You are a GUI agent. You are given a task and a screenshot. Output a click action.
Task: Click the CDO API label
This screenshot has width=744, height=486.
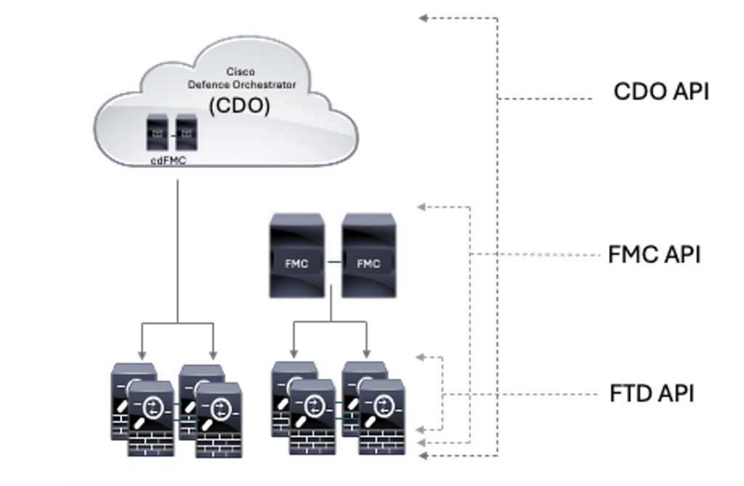click(660, 92)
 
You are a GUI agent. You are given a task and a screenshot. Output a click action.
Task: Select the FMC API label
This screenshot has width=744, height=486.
click(654, 255)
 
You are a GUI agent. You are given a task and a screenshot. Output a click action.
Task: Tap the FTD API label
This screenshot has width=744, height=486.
click(652, 394)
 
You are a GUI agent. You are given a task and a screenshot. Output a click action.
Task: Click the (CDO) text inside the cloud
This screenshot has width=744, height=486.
click(240, 106)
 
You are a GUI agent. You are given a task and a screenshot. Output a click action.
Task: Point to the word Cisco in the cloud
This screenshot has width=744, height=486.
click(240, 72)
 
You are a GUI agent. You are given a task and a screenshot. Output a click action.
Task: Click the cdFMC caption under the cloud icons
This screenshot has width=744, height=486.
click(168, 161)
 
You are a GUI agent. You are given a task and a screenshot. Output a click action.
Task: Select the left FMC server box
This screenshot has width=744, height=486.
click(296, 255)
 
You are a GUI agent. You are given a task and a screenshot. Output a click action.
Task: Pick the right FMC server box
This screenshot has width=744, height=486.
click(368, 255)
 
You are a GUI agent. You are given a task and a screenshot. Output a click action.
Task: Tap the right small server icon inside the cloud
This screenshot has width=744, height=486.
click(186, 132)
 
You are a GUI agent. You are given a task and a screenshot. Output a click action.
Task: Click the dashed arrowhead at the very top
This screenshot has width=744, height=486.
click(423, 18)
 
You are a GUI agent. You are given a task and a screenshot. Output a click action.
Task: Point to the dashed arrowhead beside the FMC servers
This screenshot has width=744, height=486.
click(422, 207)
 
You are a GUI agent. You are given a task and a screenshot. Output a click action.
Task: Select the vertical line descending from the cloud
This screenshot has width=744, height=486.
click(177, 247)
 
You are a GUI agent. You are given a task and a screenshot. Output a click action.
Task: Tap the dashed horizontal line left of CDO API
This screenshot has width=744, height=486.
click(545, 98)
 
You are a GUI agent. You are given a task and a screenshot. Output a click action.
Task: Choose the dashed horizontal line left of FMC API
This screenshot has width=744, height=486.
click(538, 254)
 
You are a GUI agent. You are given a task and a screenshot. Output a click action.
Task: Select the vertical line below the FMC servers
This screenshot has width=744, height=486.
click(331, 309)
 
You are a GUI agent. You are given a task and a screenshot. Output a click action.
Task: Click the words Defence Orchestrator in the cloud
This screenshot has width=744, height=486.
click(242, 84)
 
